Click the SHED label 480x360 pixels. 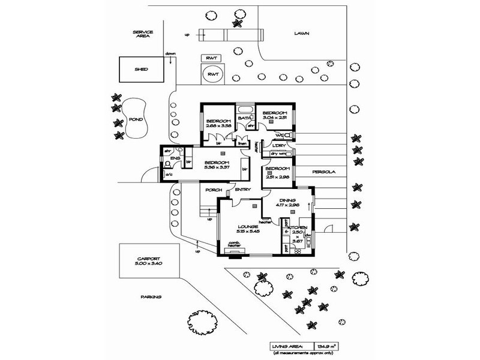coord(142,69)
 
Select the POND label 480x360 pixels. coord(136,119)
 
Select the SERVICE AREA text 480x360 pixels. coord(142,34)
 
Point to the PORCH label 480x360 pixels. coord(214,190)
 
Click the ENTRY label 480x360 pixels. coord(243,190)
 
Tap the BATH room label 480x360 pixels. coord(244,118)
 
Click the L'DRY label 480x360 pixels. coord(278,145)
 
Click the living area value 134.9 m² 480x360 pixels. coord(327,346)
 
